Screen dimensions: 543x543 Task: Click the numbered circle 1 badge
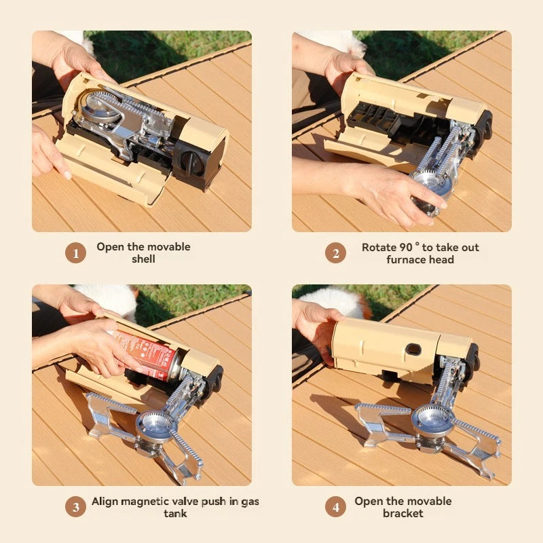coord(75,253)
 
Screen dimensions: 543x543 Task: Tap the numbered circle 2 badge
coord(335,253)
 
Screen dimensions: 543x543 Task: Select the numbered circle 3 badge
coord(75,507)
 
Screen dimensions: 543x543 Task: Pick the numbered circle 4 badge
coord(335,507)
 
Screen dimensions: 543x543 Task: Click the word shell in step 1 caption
coord(143,259)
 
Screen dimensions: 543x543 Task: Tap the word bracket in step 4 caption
coord(402,514)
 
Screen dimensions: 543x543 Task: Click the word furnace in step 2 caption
coord(406,259)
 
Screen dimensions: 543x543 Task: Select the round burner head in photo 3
coord(155,425)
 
